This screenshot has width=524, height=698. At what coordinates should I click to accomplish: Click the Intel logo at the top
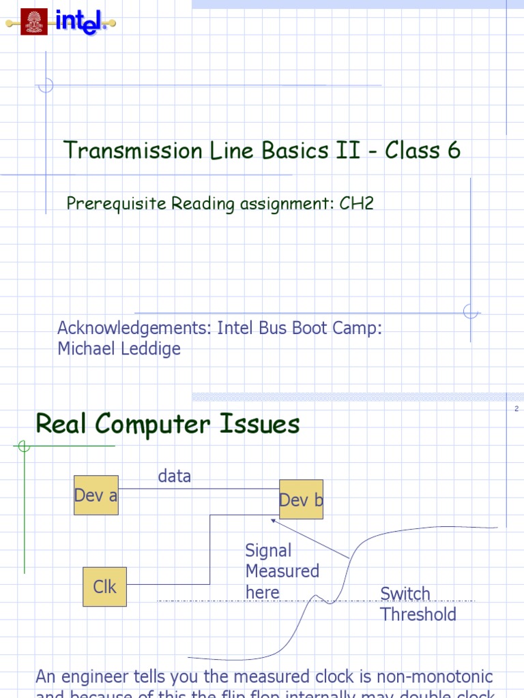point(81,22)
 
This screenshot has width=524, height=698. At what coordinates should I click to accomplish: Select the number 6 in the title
point(454,151)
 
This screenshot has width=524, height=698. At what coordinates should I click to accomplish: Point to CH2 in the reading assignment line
point(357,203)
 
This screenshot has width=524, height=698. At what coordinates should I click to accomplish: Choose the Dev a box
point(96,496)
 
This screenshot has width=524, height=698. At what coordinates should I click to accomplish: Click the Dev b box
point(301,500)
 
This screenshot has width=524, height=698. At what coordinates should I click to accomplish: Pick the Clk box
point(104,586)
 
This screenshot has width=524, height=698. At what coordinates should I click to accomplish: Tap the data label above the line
point(175,476)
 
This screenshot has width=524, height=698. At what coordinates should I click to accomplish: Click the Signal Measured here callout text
point(282,571)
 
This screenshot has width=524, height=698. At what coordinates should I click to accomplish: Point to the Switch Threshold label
point(418,604)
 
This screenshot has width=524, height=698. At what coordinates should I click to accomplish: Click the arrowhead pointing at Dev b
point(274,521)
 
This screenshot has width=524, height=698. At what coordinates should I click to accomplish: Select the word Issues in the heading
point(261,425)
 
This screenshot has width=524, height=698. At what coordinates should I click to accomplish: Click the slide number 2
point(516,409)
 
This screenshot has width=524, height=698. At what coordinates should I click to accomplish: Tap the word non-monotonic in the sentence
point(433,677)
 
